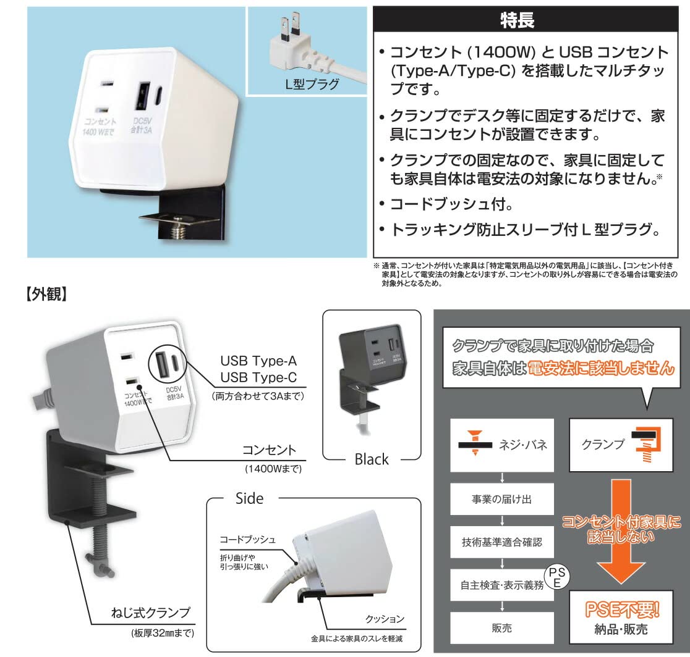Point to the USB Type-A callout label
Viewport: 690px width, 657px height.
tap(258, 361)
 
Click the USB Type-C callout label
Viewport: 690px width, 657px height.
tap(258, 377)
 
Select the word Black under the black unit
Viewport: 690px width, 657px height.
tap(372, 459)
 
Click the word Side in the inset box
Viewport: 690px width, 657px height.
tap(250, 498)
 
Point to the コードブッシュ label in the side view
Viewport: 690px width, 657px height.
tap(247, 539)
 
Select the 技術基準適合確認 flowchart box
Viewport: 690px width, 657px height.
tap(501, 542)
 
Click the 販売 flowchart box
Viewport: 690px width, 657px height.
tap(501, 628)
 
